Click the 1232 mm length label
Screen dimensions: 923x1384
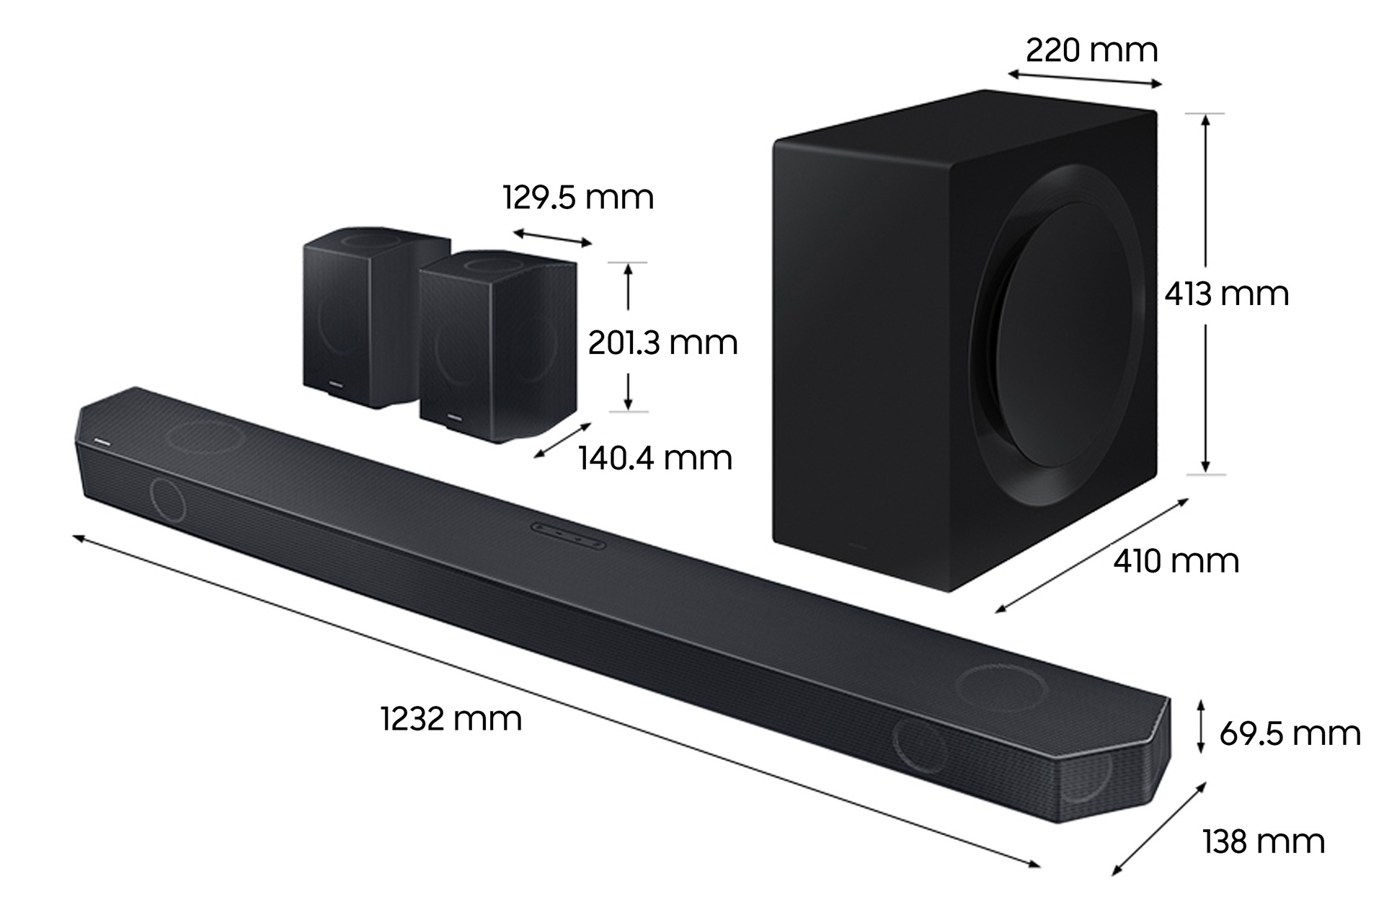451,720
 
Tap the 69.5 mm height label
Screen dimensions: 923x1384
1290,734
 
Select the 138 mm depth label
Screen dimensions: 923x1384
1263,842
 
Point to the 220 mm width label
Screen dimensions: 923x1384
1091,50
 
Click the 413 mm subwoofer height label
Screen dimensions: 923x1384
1226,294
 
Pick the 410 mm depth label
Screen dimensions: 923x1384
1176,561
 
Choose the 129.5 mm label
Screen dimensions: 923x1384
578,198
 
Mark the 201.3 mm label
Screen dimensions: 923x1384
662,343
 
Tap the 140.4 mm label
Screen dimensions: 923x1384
655,459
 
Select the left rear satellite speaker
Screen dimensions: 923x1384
353,317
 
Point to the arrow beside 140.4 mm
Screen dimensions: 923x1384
563,440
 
